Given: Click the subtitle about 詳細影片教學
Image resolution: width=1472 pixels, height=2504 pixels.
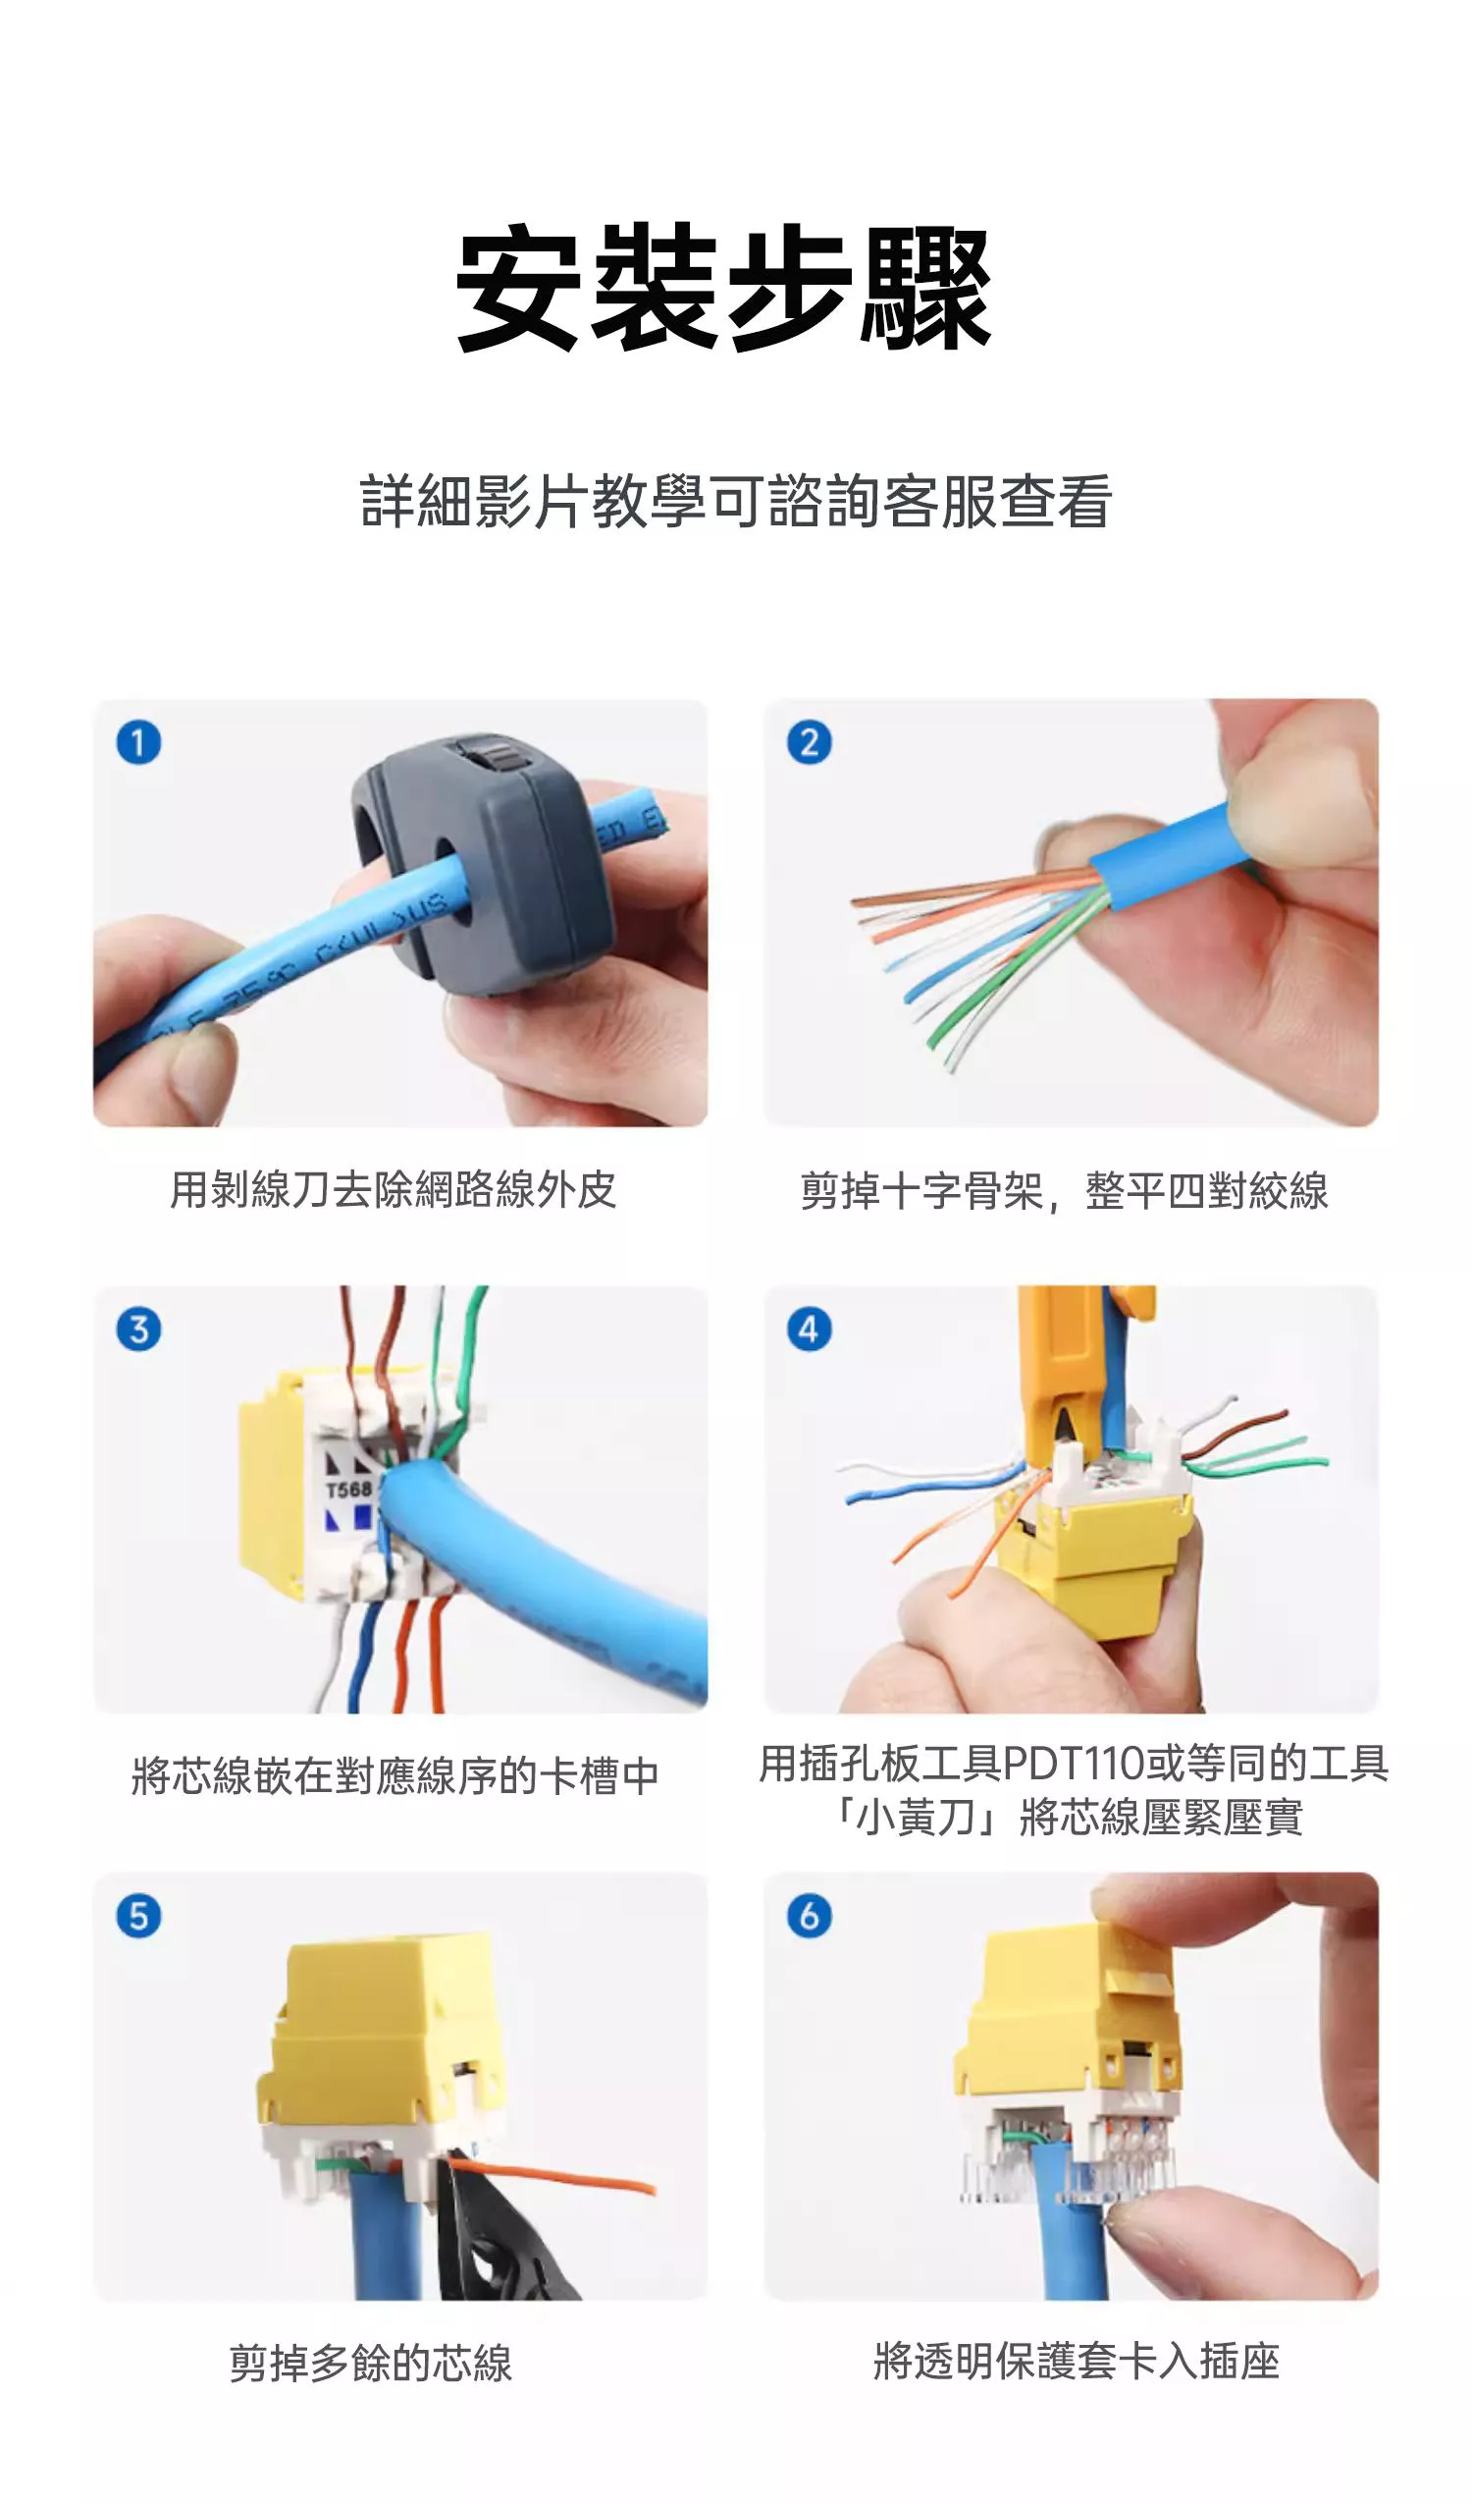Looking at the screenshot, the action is point(736,501).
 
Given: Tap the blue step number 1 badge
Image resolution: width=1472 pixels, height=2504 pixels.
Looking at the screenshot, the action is point(139,742).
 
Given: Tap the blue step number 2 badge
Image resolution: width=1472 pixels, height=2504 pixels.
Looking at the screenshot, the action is point(810,742).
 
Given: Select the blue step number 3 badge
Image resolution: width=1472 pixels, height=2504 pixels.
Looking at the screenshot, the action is point(139,1329).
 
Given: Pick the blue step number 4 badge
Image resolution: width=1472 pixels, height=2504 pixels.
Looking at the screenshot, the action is point(810,1329).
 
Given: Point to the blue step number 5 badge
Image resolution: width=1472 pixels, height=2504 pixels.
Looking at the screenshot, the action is point(139,1915).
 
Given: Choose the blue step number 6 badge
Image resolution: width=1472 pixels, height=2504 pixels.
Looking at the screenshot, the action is point(810,1915).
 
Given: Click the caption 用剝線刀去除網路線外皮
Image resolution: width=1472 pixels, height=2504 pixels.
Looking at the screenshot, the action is point(394,1189).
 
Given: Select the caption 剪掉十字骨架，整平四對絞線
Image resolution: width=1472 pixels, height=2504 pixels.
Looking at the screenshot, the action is point(1064,1190).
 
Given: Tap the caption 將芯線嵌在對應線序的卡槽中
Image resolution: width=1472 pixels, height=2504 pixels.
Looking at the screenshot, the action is point(395,1775).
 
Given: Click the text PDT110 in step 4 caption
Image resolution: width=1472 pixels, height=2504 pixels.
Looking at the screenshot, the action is point(1074,1764).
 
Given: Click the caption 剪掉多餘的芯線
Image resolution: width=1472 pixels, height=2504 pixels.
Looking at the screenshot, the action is point(371,2362).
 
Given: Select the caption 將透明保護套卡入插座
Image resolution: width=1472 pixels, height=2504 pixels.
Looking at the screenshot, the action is point(1077,2361).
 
